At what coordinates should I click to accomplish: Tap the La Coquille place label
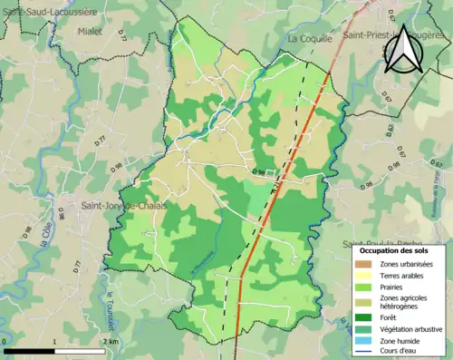pos(311,40)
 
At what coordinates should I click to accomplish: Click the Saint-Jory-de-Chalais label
pos(116,206)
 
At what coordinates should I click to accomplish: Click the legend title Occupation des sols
pos(394,249)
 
